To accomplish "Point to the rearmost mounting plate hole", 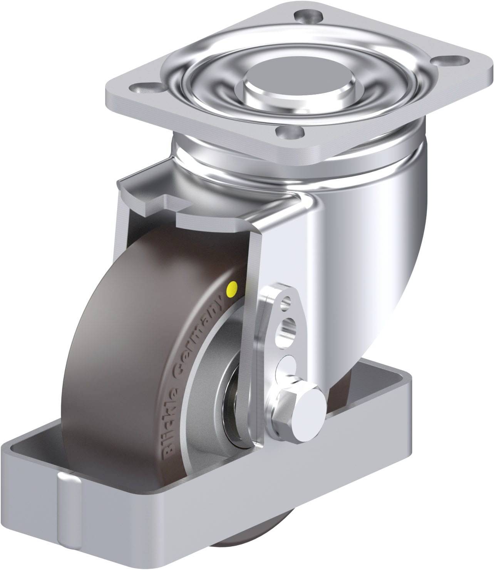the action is tap(309, 17).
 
